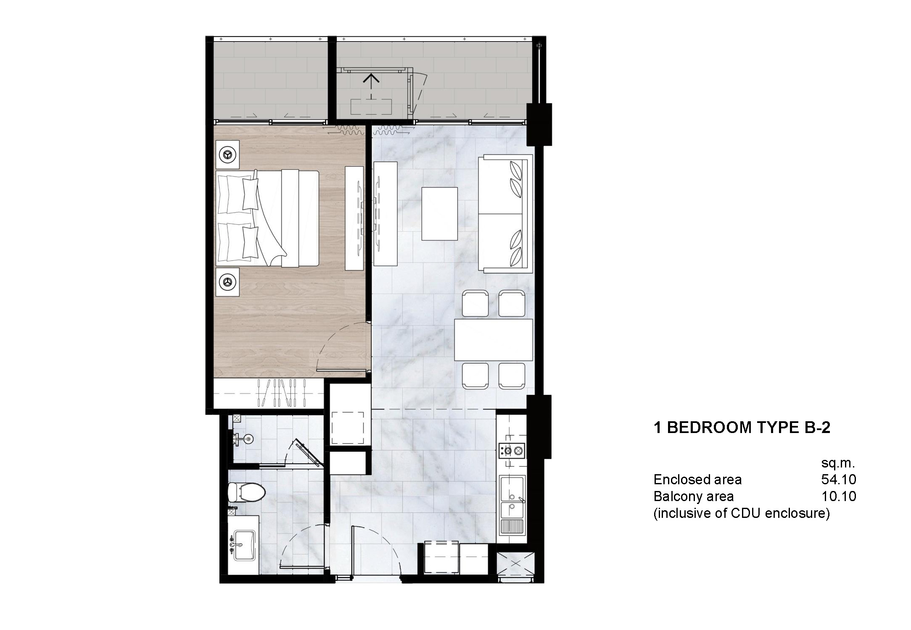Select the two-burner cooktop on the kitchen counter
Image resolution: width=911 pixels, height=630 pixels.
(x=512, y=451)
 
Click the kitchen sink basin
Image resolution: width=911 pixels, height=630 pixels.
(x=512, y=487)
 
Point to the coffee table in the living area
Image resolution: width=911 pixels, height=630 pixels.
(x=439, y=214)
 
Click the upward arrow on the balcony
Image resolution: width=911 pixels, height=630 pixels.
(x=371, y=79)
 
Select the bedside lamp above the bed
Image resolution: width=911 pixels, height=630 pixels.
(x=227, y=155)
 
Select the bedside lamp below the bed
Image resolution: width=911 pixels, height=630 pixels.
(x=227, y=282)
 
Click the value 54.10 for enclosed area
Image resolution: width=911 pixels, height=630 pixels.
(x=838, y=479)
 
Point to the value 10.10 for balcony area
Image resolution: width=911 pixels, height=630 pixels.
(x=838, y=496)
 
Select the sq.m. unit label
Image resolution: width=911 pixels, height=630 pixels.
(x=838, y=463)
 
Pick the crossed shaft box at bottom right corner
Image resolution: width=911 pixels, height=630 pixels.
(x=516, y=565)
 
